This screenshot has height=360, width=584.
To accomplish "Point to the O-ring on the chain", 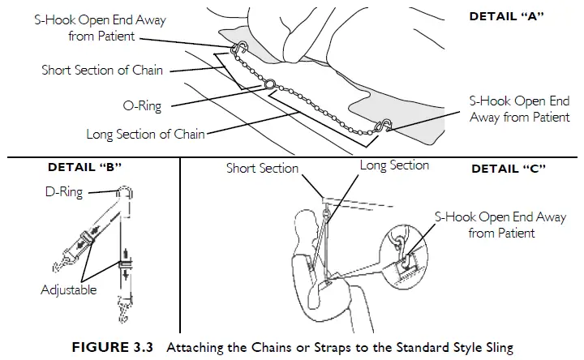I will click(268, 84).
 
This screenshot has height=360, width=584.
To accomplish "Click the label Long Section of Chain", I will click(146, 134).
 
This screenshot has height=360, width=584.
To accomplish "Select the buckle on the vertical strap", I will click(125, 265).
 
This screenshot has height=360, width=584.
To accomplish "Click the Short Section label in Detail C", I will click(262, 169).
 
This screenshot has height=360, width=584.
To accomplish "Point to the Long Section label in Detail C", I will click(394, 165).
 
